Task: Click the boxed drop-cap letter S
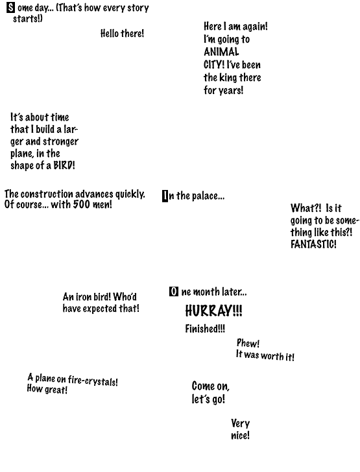pyautogui.click(x=10, y=8)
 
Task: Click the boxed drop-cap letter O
pyautogui.click(x=174, y=291)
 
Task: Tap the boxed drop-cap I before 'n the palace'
pyautogui.click(x=165, y=196)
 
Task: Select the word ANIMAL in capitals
pyautogui.click(x=221, y=52)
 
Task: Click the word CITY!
pyautogui.click(x=214, y=65)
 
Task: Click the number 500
pyautogui.click(x=81, y=204)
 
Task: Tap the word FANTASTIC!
pyautogui.click(x=313, y=244)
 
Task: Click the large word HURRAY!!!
pyautogui.click(x=213, y=311)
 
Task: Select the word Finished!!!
pyautogui.click(x=205, y=329)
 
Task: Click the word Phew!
pyautogui.click(x=248, y=343)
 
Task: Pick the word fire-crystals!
pyautogui.click(x=93, y=381)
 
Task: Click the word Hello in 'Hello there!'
pyautogui.click(x=110, y=33)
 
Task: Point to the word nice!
pyautogui.click(x=240, y=435)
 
